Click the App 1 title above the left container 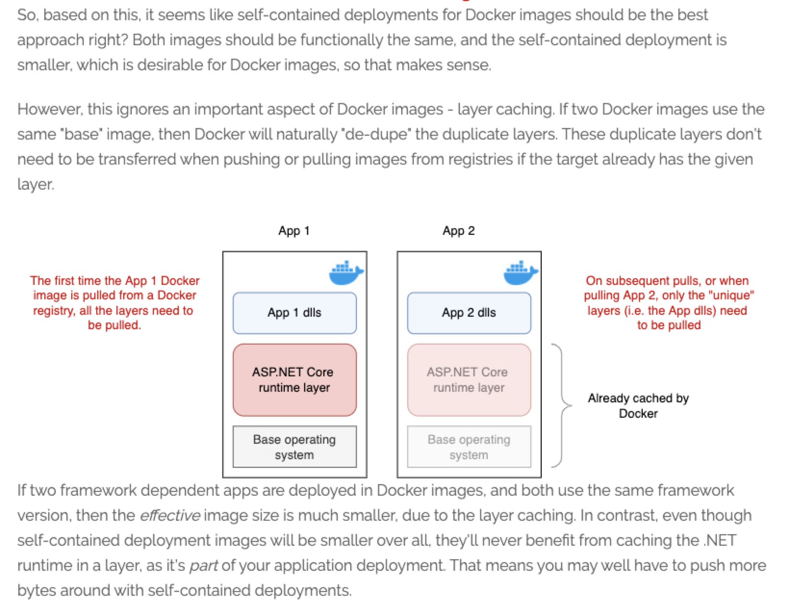[x=293, y=231]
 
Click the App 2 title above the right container [x=458, y=231]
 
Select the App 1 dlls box [x=294, y=313]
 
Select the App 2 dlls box [x=469, y=313]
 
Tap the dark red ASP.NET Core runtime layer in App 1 [x=294, y=380]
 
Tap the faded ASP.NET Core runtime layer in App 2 [x=469, y=380]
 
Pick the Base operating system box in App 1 [x=294, y=447]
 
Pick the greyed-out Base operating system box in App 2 [x=469, y=447]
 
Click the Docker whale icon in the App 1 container [x=346, y=273]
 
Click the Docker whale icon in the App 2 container [x=521, y=273]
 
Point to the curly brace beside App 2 [x=561, y=405]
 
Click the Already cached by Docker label [x=638, y=405]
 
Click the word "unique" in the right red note [x=732, y=295]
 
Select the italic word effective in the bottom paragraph [x=169, y=515]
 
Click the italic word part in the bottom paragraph [x=204, y=565]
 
